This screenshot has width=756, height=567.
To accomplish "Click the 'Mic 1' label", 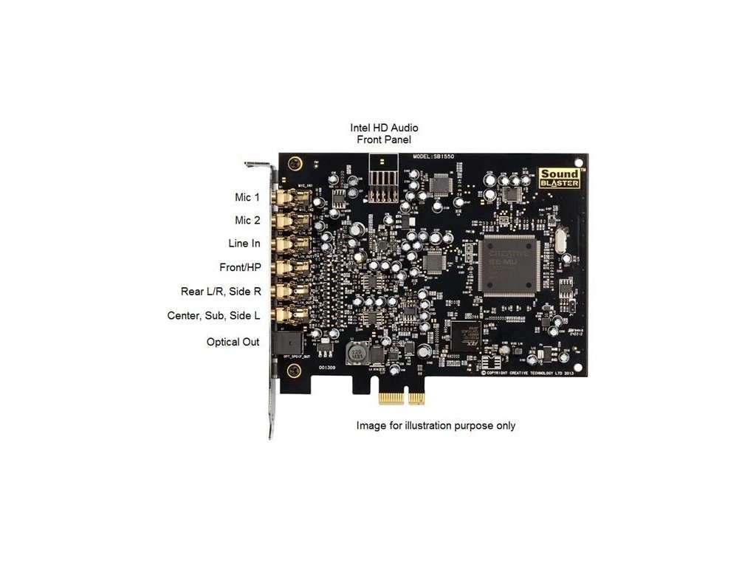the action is pos(247,198).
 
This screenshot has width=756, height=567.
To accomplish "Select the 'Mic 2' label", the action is pos(247,220).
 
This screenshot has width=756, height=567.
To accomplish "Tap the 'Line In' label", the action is pos(244,243).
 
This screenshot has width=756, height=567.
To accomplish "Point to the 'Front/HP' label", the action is pos(240,267).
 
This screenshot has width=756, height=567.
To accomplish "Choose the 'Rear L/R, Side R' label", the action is pos(221,292).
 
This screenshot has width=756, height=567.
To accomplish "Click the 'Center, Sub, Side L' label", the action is pos(213,316).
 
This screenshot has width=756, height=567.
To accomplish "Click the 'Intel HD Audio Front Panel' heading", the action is pos(383,134).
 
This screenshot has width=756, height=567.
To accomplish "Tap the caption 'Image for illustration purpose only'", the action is pos(436,426).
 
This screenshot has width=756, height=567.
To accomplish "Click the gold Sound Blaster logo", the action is pos(559,178).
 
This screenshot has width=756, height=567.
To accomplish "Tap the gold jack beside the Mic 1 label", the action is pos(283,198).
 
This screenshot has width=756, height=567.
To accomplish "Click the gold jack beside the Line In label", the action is pos(283,243).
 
